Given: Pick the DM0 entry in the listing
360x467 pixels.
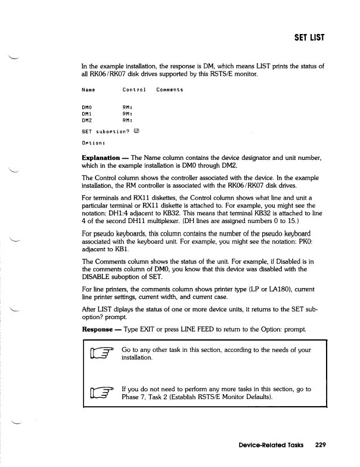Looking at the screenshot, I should pyautogui.click(x=87, y=107).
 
